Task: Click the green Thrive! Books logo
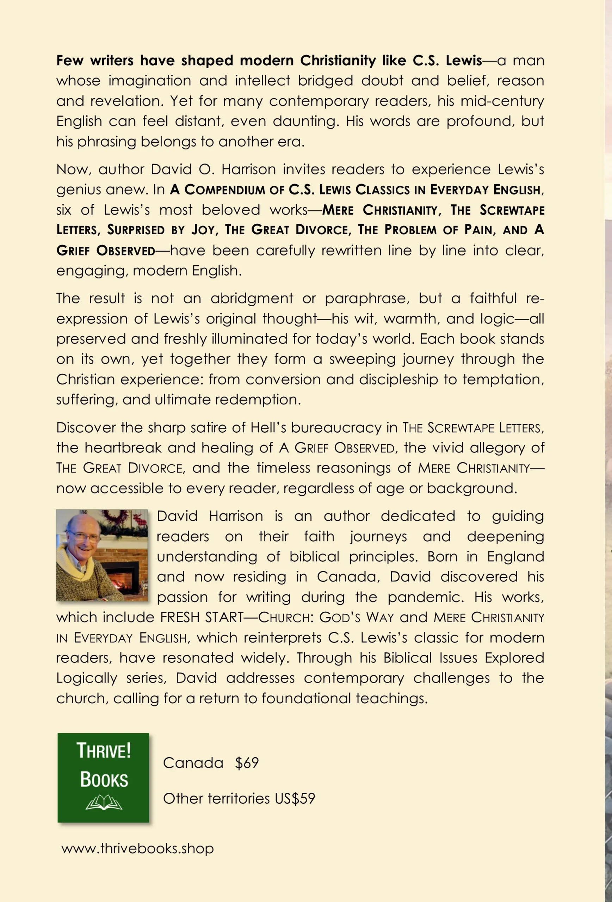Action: pyautogui.click(x=103, y=777)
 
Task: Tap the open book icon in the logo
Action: pyautogui.click(x=104, y=802)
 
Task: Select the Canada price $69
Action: pyautogui.click(x=247, y=763)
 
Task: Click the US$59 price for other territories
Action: pyautogui.click(x=295, y=799)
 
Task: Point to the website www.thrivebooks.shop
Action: pyautogui.click(x=137, y=848)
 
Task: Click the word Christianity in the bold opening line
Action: pyautogui.click(x=338, y=61)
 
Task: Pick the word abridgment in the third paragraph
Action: pyautogui.click(x=252, y=298)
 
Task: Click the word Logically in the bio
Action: pyautogui.click(x=87, y=678)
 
